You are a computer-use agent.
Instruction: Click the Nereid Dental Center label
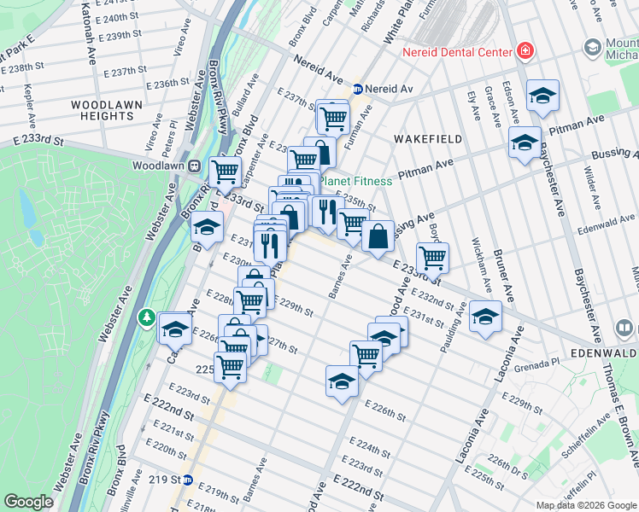pyautogui.click(x=457, y=52)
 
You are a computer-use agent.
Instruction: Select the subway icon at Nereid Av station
pyautogui.click(x=359, y=89)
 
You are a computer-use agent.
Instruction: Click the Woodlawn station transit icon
pyautogui.click(x=195, y=166)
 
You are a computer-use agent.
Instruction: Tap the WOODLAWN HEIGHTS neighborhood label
pyautogui.click(x=100, y=110)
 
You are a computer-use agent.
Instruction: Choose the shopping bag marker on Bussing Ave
pyautogui.click(x=378, y=236)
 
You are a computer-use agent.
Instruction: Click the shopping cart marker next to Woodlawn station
pyautogui.click(x=225, y=171)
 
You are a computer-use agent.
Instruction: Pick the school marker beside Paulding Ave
pyautogui.click(x=485, y=317)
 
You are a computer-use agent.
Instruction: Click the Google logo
pyautogui.click(x=29, y=502)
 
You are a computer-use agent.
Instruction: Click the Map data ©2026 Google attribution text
pyautogui.click(x=585, y=505)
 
